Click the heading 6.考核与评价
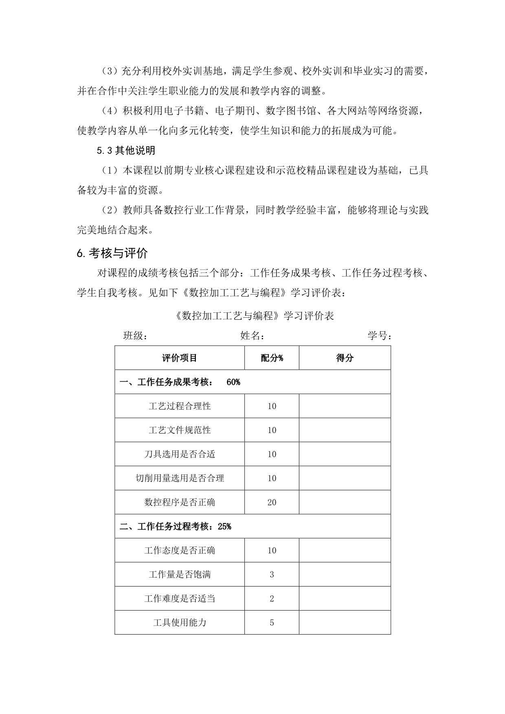112,253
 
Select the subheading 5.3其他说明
126,151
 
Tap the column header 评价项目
180,358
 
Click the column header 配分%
272,358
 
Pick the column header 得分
345,358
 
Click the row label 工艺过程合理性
180,406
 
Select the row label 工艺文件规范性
180,430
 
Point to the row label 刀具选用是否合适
180,454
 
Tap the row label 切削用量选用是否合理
180,478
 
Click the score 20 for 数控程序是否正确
272,502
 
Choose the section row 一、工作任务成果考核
180,382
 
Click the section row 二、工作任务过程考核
175,526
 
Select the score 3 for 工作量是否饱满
272,575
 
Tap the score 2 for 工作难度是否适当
272,599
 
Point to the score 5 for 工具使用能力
272,623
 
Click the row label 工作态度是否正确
180,551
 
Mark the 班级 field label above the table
135,336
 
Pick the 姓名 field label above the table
253,336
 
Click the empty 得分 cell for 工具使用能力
345,623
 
